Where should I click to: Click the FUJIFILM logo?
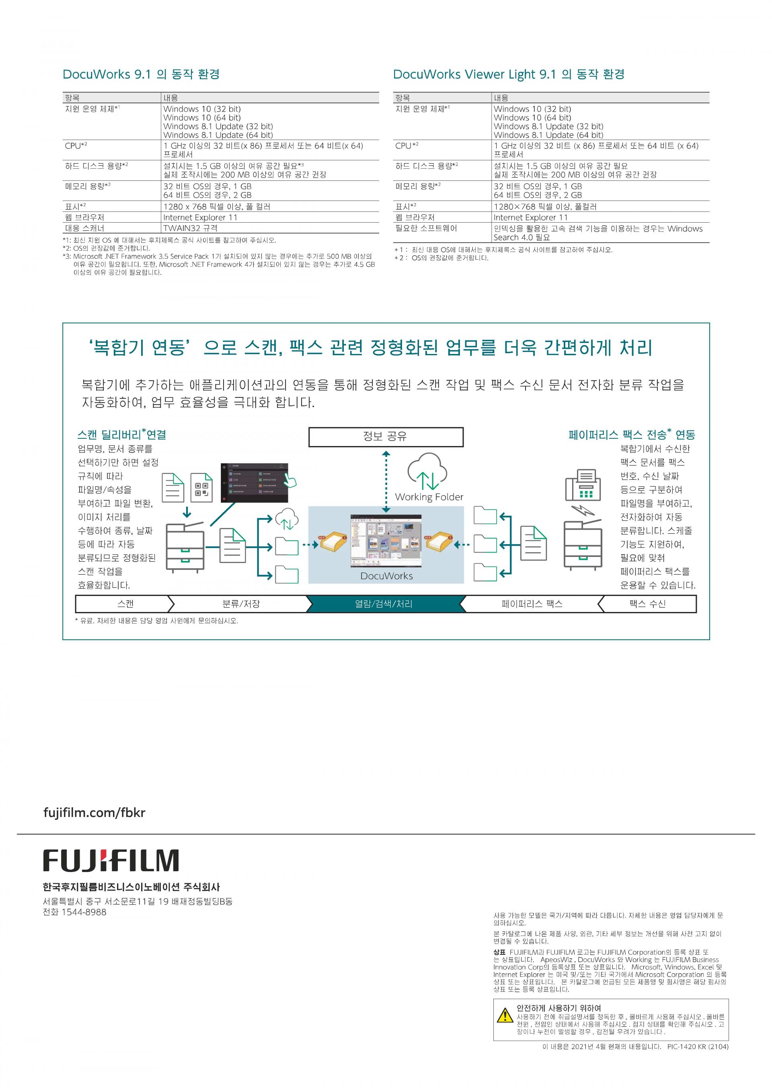pyautogui.click(x=111, y=860)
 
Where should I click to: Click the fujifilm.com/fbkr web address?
pyautogui.click(x=94, y=812)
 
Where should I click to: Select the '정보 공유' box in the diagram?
pyautogui.click(x=386, y=437)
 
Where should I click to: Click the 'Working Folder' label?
pyautogui.click(x=429, y=497)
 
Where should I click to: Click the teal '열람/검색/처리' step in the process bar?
pyautogui.click(x=384, y=604)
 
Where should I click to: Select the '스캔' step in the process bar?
pyautogui.click(x=125, y=604)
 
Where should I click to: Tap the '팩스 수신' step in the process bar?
pyautogui.click(x=647, y=604)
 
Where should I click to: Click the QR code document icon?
pyautogui.click(x=201, y=487)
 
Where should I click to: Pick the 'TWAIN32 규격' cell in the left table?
pyautogui.click(x=190, y=228)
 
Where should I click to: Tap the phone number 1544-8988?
pyautogui.click(x=84, y=912)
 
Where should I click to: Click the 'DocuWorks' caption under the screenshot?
pyautogui.click(x=386, y=576)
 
